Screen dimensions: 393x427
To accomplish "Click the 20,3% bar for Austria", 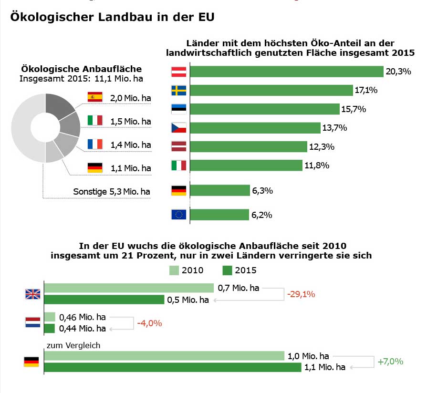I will (286, 72).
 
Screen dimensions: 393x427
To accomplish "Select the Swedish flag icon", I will (178, 91).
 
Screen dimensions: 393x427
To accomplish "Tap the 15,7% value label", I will (353, 109).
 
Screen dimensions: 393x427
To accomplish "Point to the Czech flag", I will (178, 128).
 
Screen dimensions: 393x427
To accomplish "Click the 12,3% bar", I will (248, 146).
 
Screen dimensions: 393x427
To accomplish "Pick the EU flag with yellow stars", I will (178, 215).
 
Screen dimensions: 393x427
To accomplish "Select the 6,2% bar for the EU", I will (219, 215).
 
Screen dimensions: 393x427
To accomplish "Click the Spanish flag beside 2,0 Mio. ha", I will (95, 97).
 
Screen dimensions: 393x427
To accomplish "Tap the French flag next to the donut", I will (95, 144).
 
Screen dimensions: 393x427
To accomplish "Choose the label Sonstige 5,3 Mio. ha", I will (112, 192).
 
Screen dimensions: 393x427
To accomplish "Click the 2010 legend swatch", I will (175, 270).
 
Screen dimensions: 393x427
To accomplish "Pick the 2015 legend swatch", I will (227, 270).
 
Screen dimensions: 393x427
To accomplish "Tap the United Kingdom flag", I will (32, 294).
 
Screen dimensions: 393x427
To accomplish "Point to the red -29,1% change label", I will (301, 294).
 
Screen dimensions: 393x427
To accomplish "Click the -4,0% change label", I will (149, 323).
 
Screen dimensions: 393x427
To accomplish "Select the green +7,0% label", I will (390, 362).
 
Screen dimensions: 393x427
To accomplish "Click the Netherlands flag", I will (32, 322).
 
